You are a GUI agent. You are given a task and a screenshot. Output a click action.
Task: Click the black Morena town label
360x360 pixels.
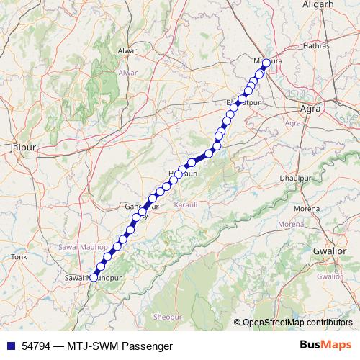click(305, 209)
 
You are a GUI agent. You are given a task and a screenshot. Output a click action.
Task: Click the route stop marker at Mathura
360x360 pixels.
click(265, 63)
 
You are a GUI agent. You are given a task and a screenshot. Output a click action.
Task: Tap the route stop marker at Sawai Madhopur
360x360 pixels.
click(93, 276)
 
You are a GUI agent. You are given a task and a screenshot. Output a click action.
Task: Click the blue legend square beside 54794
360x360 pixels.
click(9, 346)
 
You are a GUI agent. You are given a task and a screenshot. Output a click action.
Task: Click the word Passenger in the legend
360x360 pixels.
click(148, 346)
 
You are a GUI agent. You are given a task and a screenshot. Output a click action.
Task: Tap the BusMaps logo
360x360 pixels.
click(325, 346)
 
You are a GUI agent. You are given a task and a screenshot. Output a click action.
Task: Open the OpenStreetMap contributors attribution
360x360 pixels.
click(297, 323)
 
